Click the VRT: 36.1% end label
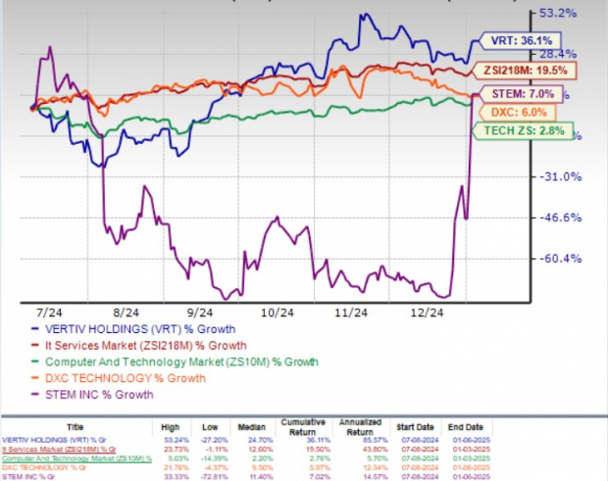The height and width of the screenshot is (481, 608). tap(516, 42)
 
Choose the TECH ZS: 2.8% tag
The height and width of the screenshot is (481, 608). tap(519, 132)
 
